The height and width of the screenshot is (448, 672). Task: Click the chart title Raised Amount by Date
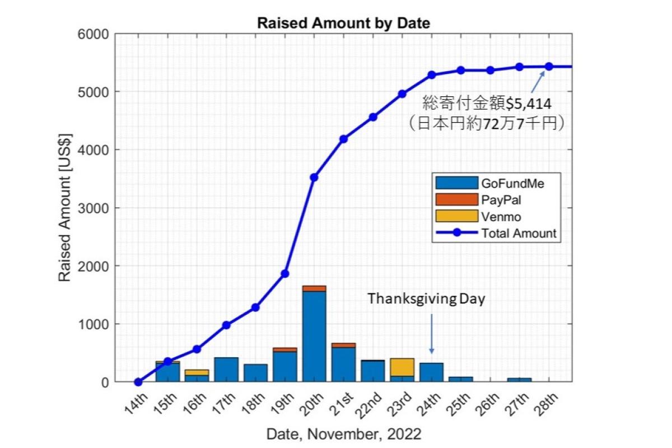pyautogui.click(x=343, y=23)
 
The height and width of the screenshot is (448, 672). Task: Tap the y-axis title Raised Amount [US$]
pyautogui.click(x=65, y=208)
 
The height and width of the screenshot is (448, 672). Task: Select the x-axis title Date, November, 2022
pyautogui.click(x=343, y=433)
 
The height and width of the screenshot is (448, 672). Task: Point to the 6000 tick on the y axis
pyautogui.click(x=93, y=34)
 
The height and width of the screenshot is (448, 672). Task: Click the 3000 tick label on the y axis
pyautogui.click(x=93, y=208)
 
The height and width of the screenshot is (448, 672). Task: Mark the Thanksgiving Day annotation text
pyautogui.click(x=426, y=299)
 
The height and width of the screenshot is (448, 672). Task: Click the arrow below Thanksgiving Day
pyautogui.click(x=431, y=333)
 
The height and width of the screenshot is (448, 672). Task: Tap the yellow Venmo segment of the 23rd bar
pyautogui.click(x=402, y=367)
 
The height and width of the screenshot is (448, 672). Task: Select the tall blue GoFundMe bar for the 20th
pyautogui.click(x=314, y=336)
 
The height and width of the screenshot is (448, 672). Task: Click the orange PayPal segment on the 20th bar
pyautogui.click(x=314, y=288)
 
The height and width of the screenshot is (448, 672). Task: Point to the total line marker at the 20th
pyautogui.click(x=314, y=178)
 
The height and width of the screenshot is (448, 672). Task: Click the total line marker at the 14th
pyautogui.click(x=138, y=382)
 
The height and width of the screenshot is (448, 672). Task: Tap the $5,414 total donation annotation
pyautogui.click(x=487, y=103)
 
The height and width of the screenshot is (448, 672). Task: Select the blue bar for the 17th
pyautogui.click(x=226, y=370)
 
